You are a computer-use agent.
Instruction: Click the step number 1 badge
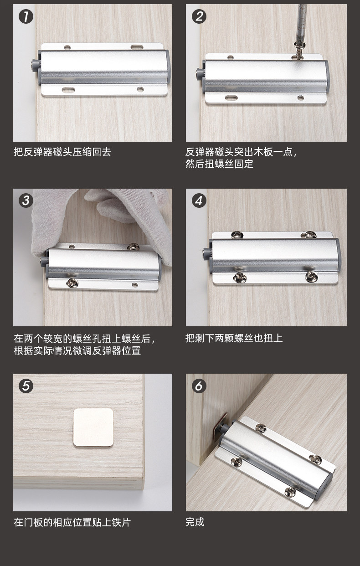26,17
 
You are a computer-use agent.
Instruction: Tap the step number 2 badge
199,17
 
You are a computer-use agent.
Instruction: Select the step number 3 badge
26,201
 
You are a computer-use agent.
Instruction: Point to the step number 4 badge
199,201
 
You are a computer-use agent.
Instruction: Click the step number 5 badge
26,386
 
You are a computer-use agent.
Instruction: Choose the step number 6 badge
199,386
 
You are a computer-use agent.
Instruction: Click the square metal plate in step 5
93,427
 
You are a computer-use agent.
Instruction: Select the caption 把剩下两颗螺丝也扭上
234,338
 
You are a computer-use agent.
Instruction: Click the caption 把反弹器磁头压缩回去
62,152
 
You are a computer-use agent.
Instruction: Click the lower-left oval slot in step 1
68,89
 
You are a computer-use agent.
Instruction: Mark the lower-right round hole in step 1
140,89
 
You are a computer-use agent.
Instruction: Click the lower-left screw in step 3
72,283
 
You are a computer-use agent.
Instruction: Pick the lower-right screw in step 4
312,277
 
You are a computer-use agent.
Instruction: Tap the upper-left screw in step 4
237,235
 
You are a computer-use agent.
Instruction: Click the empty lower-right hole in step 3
135,285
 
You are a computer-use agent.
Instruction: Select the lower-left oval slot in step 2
231,98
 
